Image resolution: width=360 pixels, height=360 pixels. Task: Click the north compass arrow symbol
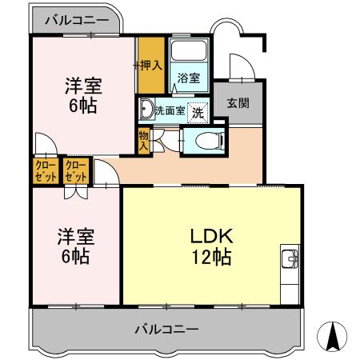(334, 335)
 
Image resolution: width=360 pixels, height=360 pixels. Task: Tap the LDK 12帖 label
(210, 246)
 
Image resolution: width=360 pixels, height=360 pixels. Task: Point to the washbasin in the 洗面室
(146, 109)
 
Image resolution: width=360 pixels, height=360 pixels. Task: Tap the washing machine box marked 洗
(197, 112)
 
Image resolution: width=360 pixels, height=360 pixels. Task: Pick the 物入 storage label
(144, 142)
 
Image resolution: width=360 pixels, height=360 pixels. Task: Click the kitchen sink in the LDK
(290, 259)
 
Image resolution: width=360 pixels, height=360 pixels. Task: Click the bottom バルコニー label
(166, 328)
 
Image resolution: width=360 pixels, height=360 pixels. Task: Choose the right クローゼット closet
(75, 171)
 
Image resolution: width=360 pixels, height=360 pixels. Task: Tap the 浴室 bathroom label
(189, 79)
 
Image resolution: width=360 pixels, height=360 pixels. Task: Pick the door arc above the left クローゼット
(42, 148)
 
